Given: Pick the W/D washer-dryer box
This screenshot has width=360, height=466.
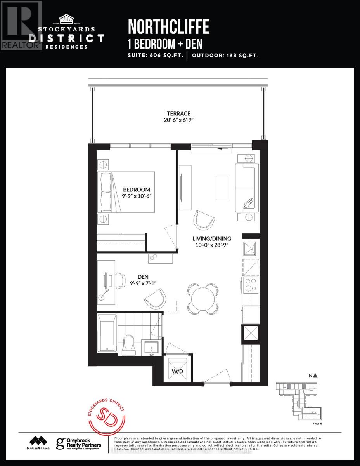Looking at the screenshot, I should tap(178, 369).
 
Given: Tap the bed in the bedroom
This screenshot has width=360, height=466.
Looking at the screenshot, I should tap(126, 191).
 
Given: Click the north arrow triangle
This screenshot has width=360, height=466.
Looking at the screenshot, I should tap(315, 375).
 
